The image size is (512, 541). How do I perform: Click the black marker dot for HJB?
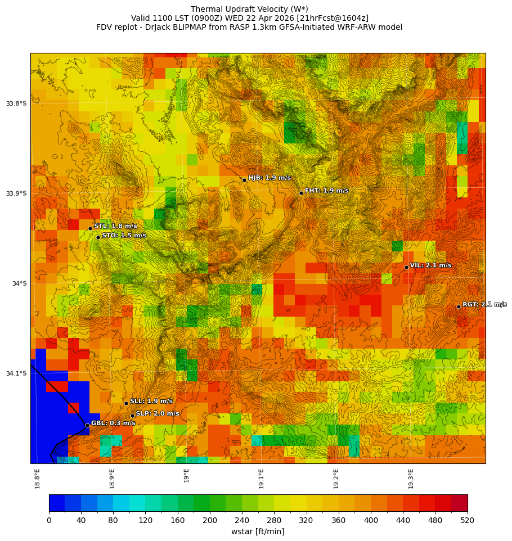[244, 180]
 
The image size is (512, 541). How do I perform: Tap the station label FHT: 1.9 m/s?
[326, 191]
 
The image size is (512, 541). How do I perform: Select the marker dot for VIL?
[406, 267]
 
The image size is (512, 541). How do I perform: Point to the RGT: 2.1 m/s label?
[484, 304]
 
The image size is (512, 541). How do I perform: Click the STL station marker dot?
[90, 228]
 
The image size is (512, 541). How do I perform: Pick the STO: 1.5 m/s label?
[124, 236]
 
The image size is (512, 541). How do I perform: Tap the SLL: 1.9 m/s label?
[151, 401]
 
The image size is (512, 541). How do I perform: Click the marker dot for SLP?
[133, 416]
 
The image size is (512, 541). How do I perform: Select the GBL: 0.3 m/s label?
[113, 423]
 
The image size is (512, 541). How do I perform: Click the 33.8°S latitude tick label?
[16, 103]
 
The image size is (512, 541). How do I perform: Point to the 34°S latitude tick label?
[19, 283]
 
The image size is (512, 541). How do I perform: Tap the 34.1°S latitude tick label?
[16, 373]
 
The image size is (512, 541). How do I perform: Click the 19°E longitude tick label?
[187, 476]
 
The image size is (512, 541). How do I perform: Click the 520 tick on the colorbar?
[467, 520]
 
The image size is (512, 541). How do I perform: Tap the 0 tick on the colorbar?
[49, 520]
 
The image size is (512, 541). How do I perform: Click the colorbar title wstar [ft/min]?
[258, 531]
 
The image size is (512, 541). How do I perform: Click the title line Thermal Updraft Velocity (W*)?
[249, 9]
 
